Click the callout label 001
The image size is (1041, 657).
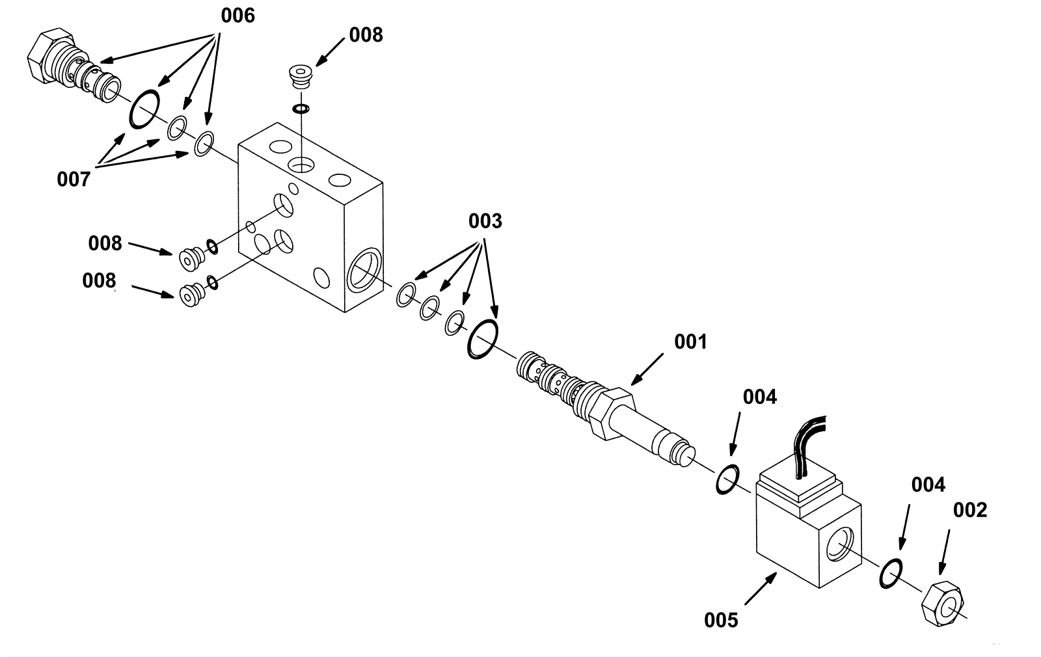pyautogui.click(x=690, y=342)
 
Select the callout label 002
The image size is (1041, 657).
pyautogui.click(x=970, y=510)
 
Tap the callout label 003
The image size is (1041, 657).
pyautogui.click(x=485, y=221)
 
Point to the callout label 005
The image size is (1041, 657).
pyautogui.click(x=721, y=621)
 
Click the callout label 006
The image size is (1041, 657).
pyautogui.click(x=238, y=16)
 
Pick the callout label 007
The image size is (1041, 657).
pyautogui.click(x=74, y=180)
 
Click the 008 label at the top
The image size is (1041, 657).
pyautogui.click(x=366, y=35)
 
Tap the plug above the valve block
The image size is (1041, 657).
pyautogui.click(x=300, y=76)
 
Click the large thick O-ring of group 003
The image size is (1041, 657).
pyautogui.click(x=483, y=339)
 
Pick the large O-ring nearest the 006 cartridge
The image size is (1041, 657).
pyautogui.click(x=144, y=109)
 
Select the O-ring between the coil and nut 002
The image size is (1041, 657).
pyautogui.click(x=891, y=573)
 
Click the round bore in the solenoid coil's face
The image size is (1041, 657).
pyautogui.click(x=839, y=545)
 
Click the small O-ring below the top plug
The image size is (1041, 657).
pyautogui.click(x=301, y=109)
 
